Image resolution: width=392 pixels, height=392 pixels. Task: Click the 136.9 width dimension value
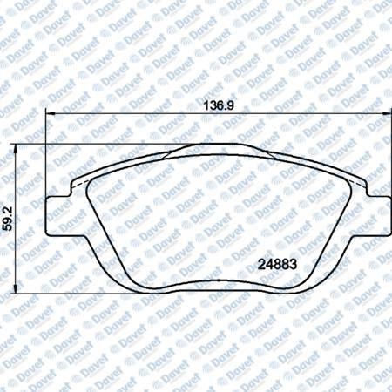tap(219, 105)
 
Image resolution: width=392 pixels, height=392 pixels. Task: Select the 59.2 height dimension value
tap(7, 219)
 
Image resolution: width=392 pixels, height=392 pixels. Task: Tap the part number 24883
tap(277, 264)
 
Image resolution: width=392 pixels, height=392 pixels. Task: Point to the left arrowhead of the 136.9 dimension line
tap(51, 113)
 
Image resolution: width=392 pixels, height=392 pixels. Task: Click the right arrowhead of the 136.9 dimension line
tap(387, 113)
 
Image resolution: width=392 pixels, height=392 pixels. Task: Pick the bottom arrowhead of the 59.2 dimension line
tap(15, 288)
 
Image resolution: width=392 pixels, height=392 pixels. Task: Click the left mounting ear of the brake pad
tap(58, 215)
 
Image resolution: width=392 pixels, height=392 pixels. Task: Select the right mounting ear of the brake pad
tap(379, 215)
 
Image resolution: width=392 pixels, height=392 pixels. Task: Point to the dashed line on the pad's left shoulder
tap(78, 185)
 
